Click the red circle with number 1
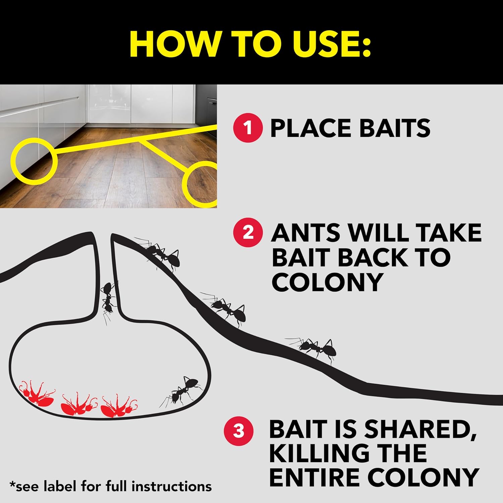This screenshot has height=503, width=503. [248, 128]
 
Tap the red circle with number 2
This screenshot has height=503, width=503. [248, 232]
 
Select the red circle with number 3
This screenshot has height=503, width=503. [238, 431]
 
